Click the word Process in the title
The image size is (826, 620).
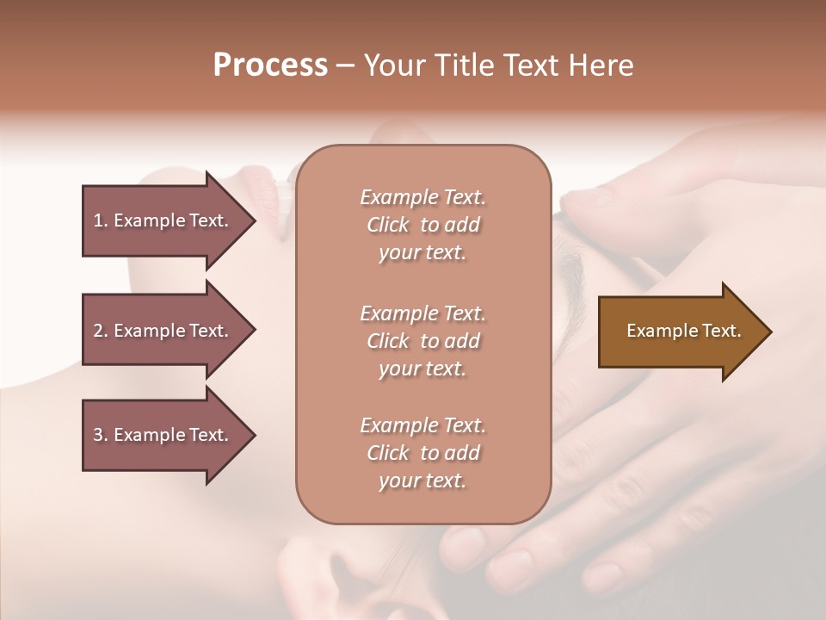click(x=270, y=65)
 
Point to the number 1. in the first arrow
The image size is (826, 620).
click(x=100, y=220)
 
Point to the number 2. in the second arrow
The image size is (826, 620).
click(x=100, y=331)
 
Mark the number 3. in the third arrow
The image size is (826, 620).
click(x=100, y=435)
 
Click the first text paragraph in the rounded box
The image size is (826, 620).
click(x=422, y=225)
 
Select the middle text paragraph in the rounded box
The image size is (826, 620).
click(x=422, y=341)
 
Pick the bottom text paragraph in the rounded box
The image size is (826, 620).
click(x=422, y=453)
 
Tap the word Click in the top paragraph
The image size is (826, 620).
click(x=388, y=226)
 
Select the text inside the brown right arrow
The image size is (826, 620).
click(x=684, y=331)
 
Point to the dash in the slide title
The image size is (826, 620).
click(x=346, y=66)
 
